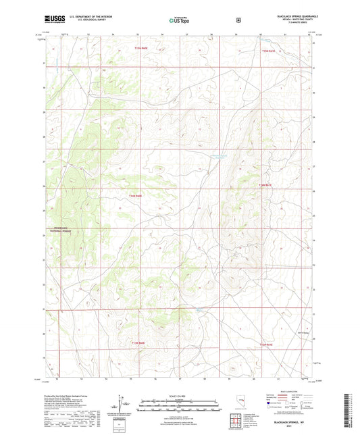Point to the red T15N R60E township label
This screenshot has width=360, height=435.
coord(140,48)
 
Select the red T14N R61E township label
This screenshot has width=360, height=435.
coord(265,184)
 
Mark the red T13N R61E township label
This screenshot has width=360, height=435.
coord(267,343)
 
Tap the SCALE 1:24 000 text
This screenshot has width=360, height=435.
coord(179,395)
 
